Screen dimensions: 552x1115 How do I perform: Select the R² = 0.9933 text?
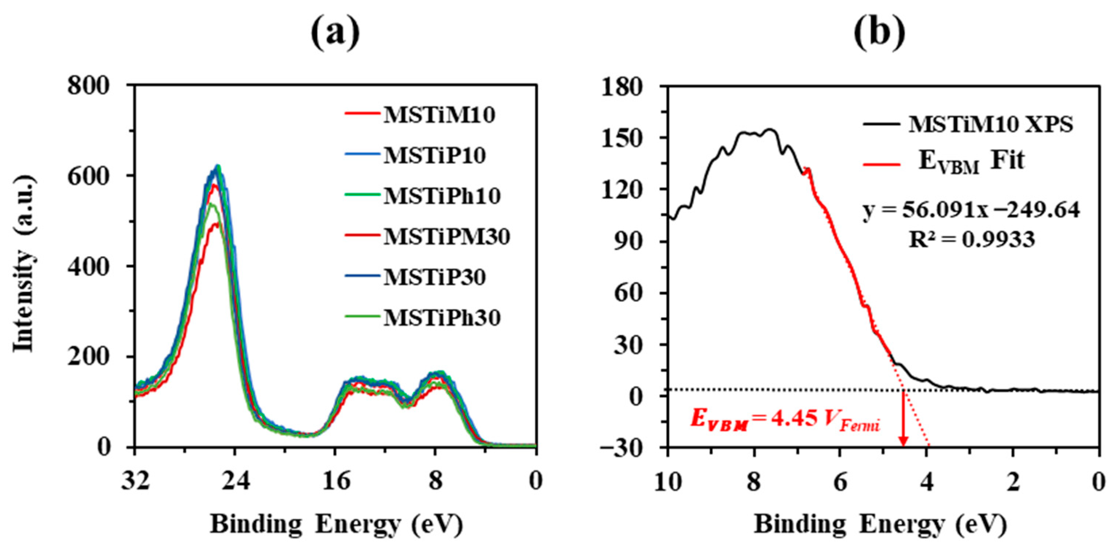[x=971, y=239]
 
